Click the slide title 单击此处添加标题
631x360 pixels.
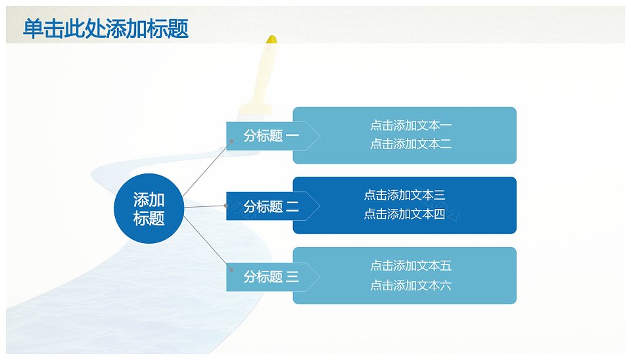coord(106,29)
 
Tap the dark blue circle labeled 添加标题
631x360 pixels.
coord(149,208)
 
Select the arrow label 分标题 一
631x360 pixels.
coord(271,136)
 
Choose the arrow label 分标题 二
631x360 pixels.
coord(271,206)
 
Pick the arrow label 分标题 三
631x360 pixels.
coord(271,277)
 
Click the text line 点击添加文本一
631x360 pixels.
coord(410,125)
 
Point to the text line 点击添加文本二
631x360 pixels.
coord(410,144)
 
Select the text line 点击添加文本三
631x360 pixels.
coord(404,195)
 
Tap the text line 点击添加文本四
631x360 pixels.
coord(404,214)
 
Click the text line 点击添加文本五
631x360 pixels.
coord(410,265)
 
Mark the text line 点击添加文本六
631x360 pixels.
coord(410,286)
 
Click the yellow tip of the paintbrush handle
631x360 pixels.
coord(271,39)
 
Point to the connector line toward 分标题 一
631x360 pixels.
coord(207,169)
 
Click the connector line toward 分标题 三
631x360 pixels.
coord(207,243)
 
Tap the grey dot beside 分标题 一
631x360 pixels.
coord(231,141)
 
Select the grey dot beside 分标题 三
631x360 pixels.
coord(231,269)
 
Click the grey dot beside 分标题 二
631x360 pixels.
coord(225,206)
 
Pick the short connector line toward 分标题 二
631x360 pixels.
coord(205,206)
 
